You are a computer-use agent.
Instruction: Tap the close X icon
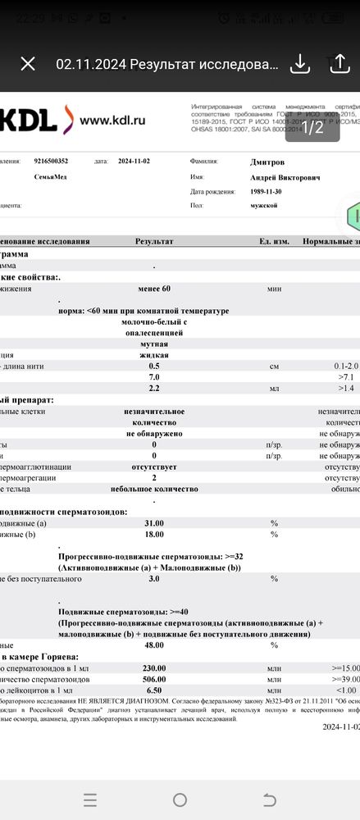click(x=28, y=64)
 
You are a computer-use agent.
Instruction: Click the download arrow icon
click(x=300, y=64)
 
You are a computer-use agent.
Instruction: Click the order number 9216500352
click(x=52, y=162)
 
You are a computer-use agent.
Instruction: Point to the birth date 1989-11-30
click(x=268, y=191)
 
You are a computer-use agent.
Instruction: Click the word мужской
click(x=264, y=205)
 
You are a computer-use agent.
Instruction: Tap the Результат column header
click(x=154, y=241)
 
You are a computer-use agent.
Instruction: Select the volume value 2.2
click(x=153, y=386)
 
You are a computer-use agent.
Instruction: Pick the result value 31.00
click(x=154, y=522)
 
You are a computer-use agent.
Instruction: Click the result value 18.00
click(x=154, y=534)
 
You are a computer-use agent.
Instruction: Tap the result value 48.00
click(x=154, y=645)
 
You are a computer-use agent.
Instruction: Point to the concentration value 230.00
click(x=154, y=667)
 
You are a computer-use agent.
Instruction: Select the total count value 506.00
click(x=154, y=679)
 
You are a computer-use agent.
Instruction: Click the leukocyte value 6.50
click(x=154, y=690)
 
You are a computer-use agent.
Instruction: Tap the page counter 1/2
click(x=313, y=127)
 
